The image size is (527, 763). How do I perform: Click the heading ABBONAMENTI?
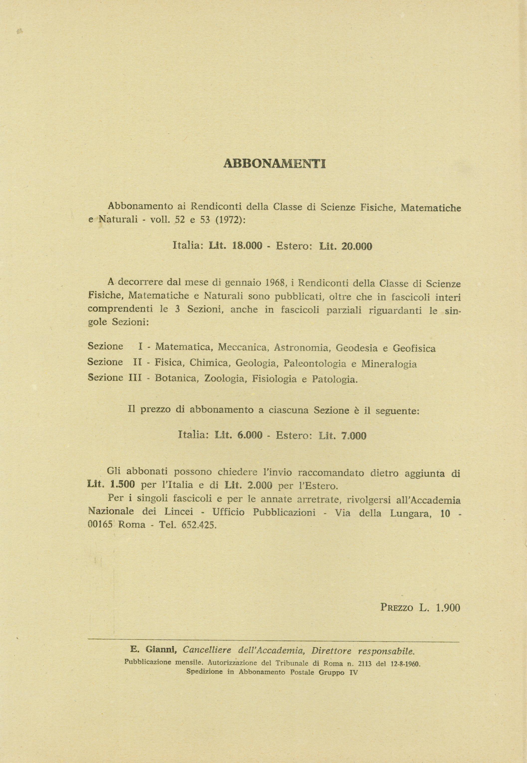274,164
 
